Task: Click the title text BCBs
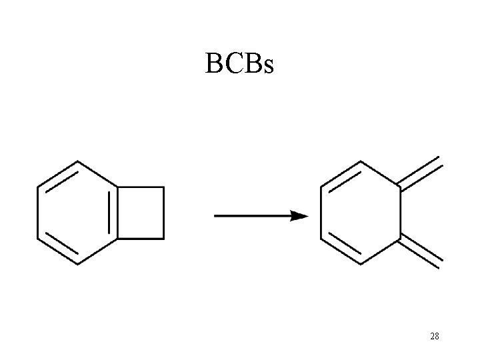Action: (x=239, y=63)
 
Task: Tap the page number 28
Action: (x=434, y=337)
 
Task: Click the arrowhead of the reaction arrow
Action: (x=300, y=216)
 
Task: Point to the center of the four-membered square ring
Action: (x=141, y=212)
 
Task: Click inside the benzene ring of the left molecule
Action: (x=77, y=212)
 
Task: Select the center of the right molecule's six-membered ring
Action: (x=361, y=213)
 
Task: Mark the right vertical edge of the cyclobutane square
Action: (x=164, y=212)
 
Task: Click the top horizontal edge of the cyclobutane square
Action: (x=141, y=187)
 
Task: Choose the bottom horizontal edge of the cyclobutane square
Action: (x=141, y=237)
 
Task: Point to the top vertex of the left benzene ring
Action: (x=78, y=161)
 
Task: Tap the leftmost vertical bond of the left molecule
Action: (x=37, y=212)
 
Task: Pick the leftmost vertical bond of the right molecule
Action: (x=322, y=213)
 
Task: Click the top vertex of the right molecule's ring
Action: (x=361, y=162)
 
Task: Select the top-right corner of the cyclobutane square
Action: (x=164, y=187)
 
